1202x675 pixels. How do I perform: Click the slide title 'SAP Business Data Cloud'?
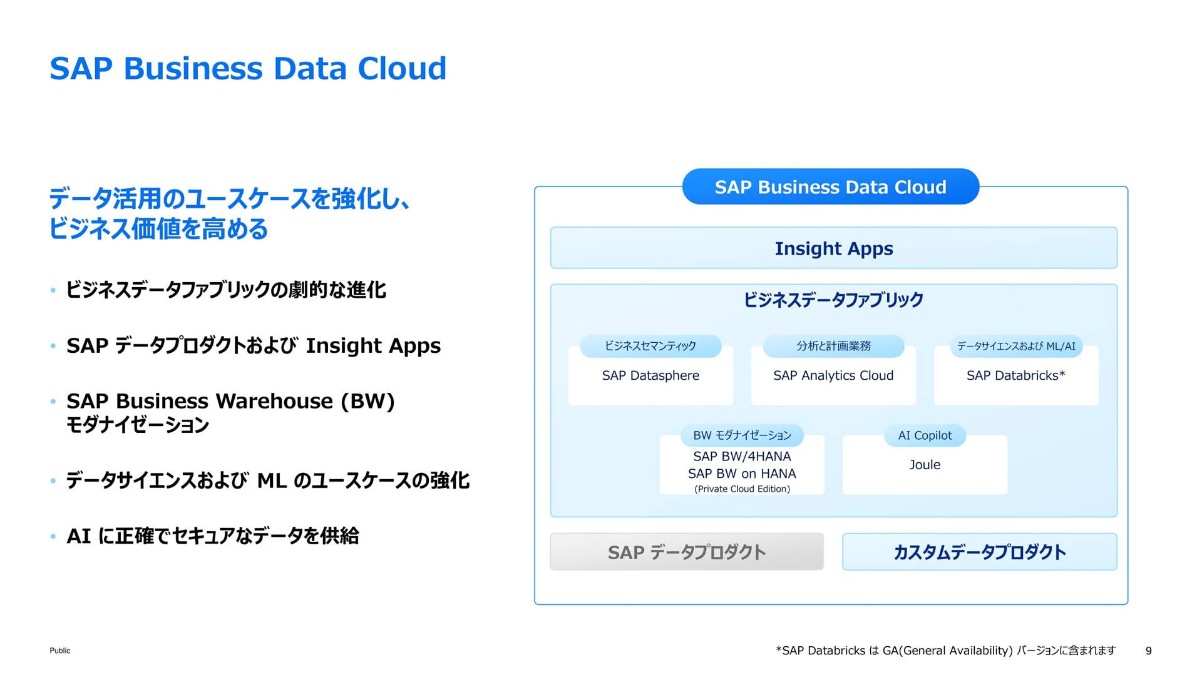[248, 68]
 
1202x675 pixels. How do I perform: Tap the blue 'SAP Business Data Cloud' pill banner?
[830, 186]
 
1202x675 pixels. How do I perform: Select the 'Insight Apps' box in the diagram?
[833, 248]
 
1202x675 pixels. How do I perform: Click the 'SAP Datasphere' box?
[650, 375]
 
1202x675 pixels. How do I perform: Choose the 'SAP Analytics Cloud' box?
[833, 375]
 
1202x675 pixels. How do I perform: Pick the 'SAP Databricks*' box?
[1016, 375]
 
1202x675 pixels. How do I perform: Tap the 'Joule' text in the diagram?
[925, 465]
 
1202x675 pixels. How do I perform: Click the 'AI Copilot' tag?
[925, 435]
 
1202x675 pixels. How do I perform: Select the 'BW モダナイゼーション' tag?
[742, 435]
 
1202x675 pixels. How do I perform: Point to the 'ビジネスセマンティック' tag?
[650, 346]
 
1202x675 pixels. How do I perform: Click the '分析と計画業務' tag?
[833, 346]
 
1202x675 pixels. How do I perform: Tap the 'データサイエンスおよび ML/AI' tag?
[1016, 346]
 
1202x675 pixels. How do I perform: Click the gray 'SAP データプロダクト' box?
[687, 552]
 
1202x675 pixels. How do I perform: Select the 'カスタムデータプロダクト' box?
[980, 552]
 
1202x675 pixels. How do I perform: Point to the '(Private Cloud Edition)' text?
[742, 489]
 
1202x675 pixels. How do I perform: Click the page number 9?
[1148, 651]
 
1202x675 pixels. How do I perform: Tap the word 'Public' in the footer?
[60, 651]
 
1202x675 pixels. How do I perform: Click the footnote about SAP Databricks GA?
[945, 651]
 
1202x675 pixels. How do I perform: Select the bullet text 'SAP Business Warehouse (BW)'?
[230, 401]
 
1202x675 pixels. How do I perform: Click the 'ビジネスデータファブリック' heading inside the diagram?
[833, 300]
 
